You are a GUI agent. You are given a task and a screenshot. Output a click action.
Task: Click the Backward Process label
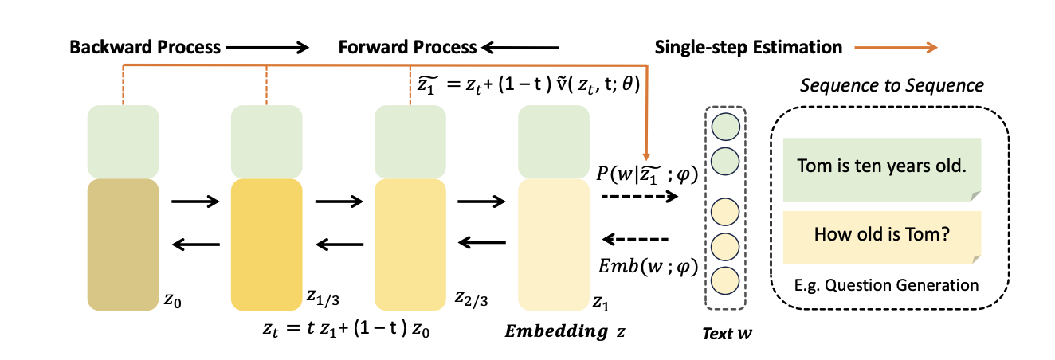[144, 47]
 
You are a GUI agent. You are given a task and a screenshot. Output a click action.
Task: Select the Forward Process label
[407, 47]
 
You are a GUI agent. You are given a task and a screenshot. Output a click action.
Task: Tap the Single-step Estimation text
[748, 47]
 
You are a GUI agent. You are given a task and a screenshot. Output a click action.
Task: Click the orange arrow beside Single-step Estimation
[896, 48]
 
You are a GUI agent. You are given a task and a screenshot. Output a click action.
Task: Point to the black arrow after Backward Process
[268, 48]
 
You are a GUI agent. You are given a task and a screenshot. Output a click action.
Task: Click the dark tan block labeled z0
[123, 244]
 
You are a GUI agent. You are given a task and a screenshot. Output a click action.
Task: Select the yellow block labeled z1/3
[266, 244]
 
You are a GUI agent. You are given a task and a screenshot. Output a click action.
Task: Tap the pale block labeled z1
[553, 244]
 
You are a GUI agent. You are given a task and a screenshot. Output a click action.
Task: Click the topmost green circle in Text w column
[725, 126]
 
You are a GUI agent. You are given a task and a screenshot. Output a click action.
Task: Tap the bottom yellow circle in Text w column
[725, 280]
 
